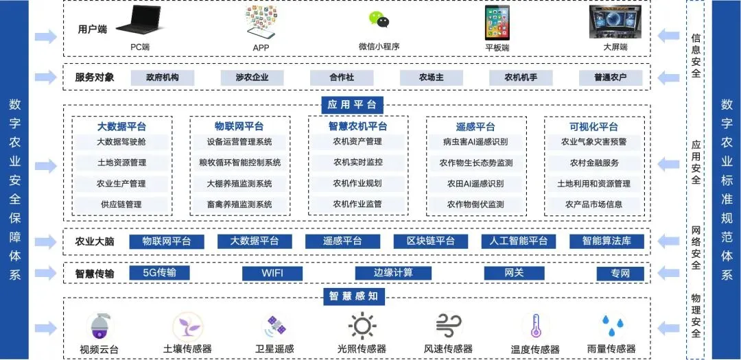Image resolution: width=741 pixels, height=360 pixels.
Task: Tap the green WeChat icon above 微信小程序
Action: (379, 20)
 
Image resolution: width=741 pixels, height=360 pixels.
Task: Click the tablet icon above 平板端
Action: (497, 23)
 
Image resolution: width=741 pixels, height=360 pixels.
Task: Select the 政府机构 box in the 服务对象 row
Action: (163, 77)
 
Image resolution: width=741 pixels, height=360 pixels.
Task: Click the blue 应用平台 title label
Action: (352, 105)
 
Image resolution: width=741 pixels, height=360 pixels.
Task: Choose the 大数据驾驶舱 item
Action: (121, 142)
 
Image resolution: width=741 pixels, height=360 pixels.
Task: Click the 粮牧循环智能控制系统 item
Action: (239, 163)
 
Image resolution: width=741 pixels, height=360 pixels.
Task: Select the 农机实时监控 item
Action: (357, 163)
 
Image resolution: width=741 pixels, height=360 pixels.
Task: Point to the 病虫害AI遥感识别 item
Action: (475, 143)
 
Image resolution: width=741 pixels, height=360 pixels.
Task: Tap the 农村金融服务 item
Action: (594, 163)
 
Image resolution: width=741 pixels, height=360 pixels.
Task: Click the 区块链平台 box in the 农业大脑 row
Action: (431, 241)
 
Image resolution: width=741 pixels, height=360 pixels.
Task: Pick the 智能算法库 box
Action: (607, 241)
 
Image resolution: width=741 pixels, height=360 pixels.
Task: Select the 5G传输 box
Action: (160, 273)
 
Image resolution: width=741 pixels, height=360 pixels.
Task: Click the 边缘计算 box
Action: (393, 273)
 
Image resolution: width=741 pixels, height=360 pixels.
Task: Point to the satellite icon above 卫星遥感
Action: (274, 326)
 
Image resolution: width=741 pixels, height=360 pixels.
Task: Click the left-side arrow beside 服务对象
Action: (46, 77)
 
